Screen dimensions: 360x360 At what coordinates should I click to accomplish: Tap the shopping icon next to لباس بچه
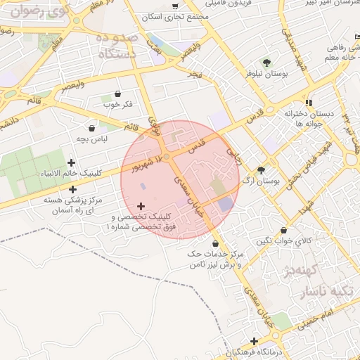(x=92, y=129)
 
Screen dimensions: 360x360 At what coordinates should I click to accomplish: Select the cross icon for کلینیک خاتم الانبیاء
(x=71, y=163)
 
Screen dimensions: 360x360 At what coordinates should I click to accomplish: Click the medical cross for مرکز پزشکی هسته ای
(x=73, y=189)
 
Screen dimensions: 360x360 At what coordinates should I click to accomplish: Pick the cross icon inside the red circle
(x=141, y=207)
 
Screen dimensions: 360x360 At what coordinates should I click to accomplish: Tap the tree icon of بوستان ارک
(x=262, y=170)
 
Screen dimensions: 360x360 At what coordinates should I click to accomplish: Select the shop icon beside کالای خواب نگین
(x=283, y=231)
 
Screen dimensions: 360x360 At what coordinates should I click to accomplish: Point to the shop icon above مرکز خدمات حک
(x=215, y=243)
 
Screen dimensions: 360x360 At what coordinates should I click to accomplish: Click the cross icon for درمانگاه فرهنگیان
(x=254, y=341)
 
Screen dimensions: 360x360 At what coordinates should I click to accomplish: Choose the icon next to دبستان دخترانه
(x=309, y=103)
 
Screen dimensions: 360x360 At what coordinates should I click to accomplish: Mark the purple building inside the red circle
(x=225, y=205)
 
